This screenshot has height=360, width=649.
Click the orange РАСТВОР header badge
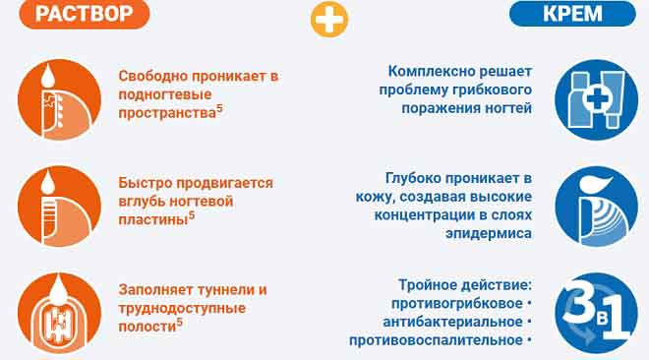[x=85, y=14]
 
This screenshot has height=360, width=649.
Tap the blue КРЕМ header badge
[x=572, y=14]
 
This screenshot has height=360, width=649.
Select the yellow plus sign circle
[x=329, y=19]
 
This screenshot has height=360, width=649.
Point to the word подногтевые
[x=165, y=94]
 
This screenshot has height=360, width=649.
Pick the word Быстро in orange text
[x=140, y=183]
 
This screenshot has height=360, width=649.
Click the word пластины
[x=153, y=219]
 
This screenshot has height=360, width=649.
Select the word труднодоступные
[x=182, y=308]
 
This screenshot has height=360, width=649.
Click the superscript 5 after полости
[x=179, y=322]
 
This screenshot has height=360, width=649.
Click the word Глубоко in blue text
[x=413, y=178]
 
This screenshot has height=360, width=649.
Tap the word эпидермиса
[x=489, y=233]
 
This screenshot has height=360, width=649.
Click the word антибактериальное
[x=452, y=322]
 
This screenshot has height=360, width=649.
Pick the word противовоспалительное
[x=436, y=340]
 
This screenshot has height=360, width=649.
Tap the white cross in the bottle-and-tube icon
[x=597, y=98]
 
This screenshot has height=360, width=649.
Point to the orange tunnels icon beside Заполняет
[x=59, y=313]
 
